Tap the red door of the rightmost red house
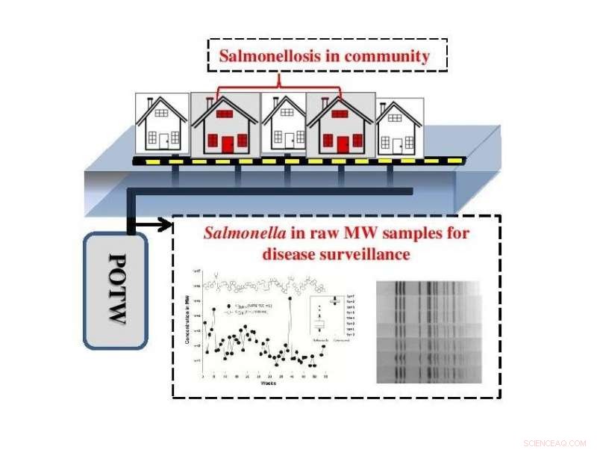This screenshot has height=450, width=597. click(341, 144)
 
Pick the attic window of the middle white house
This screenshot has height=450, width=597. click(284, 114)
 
